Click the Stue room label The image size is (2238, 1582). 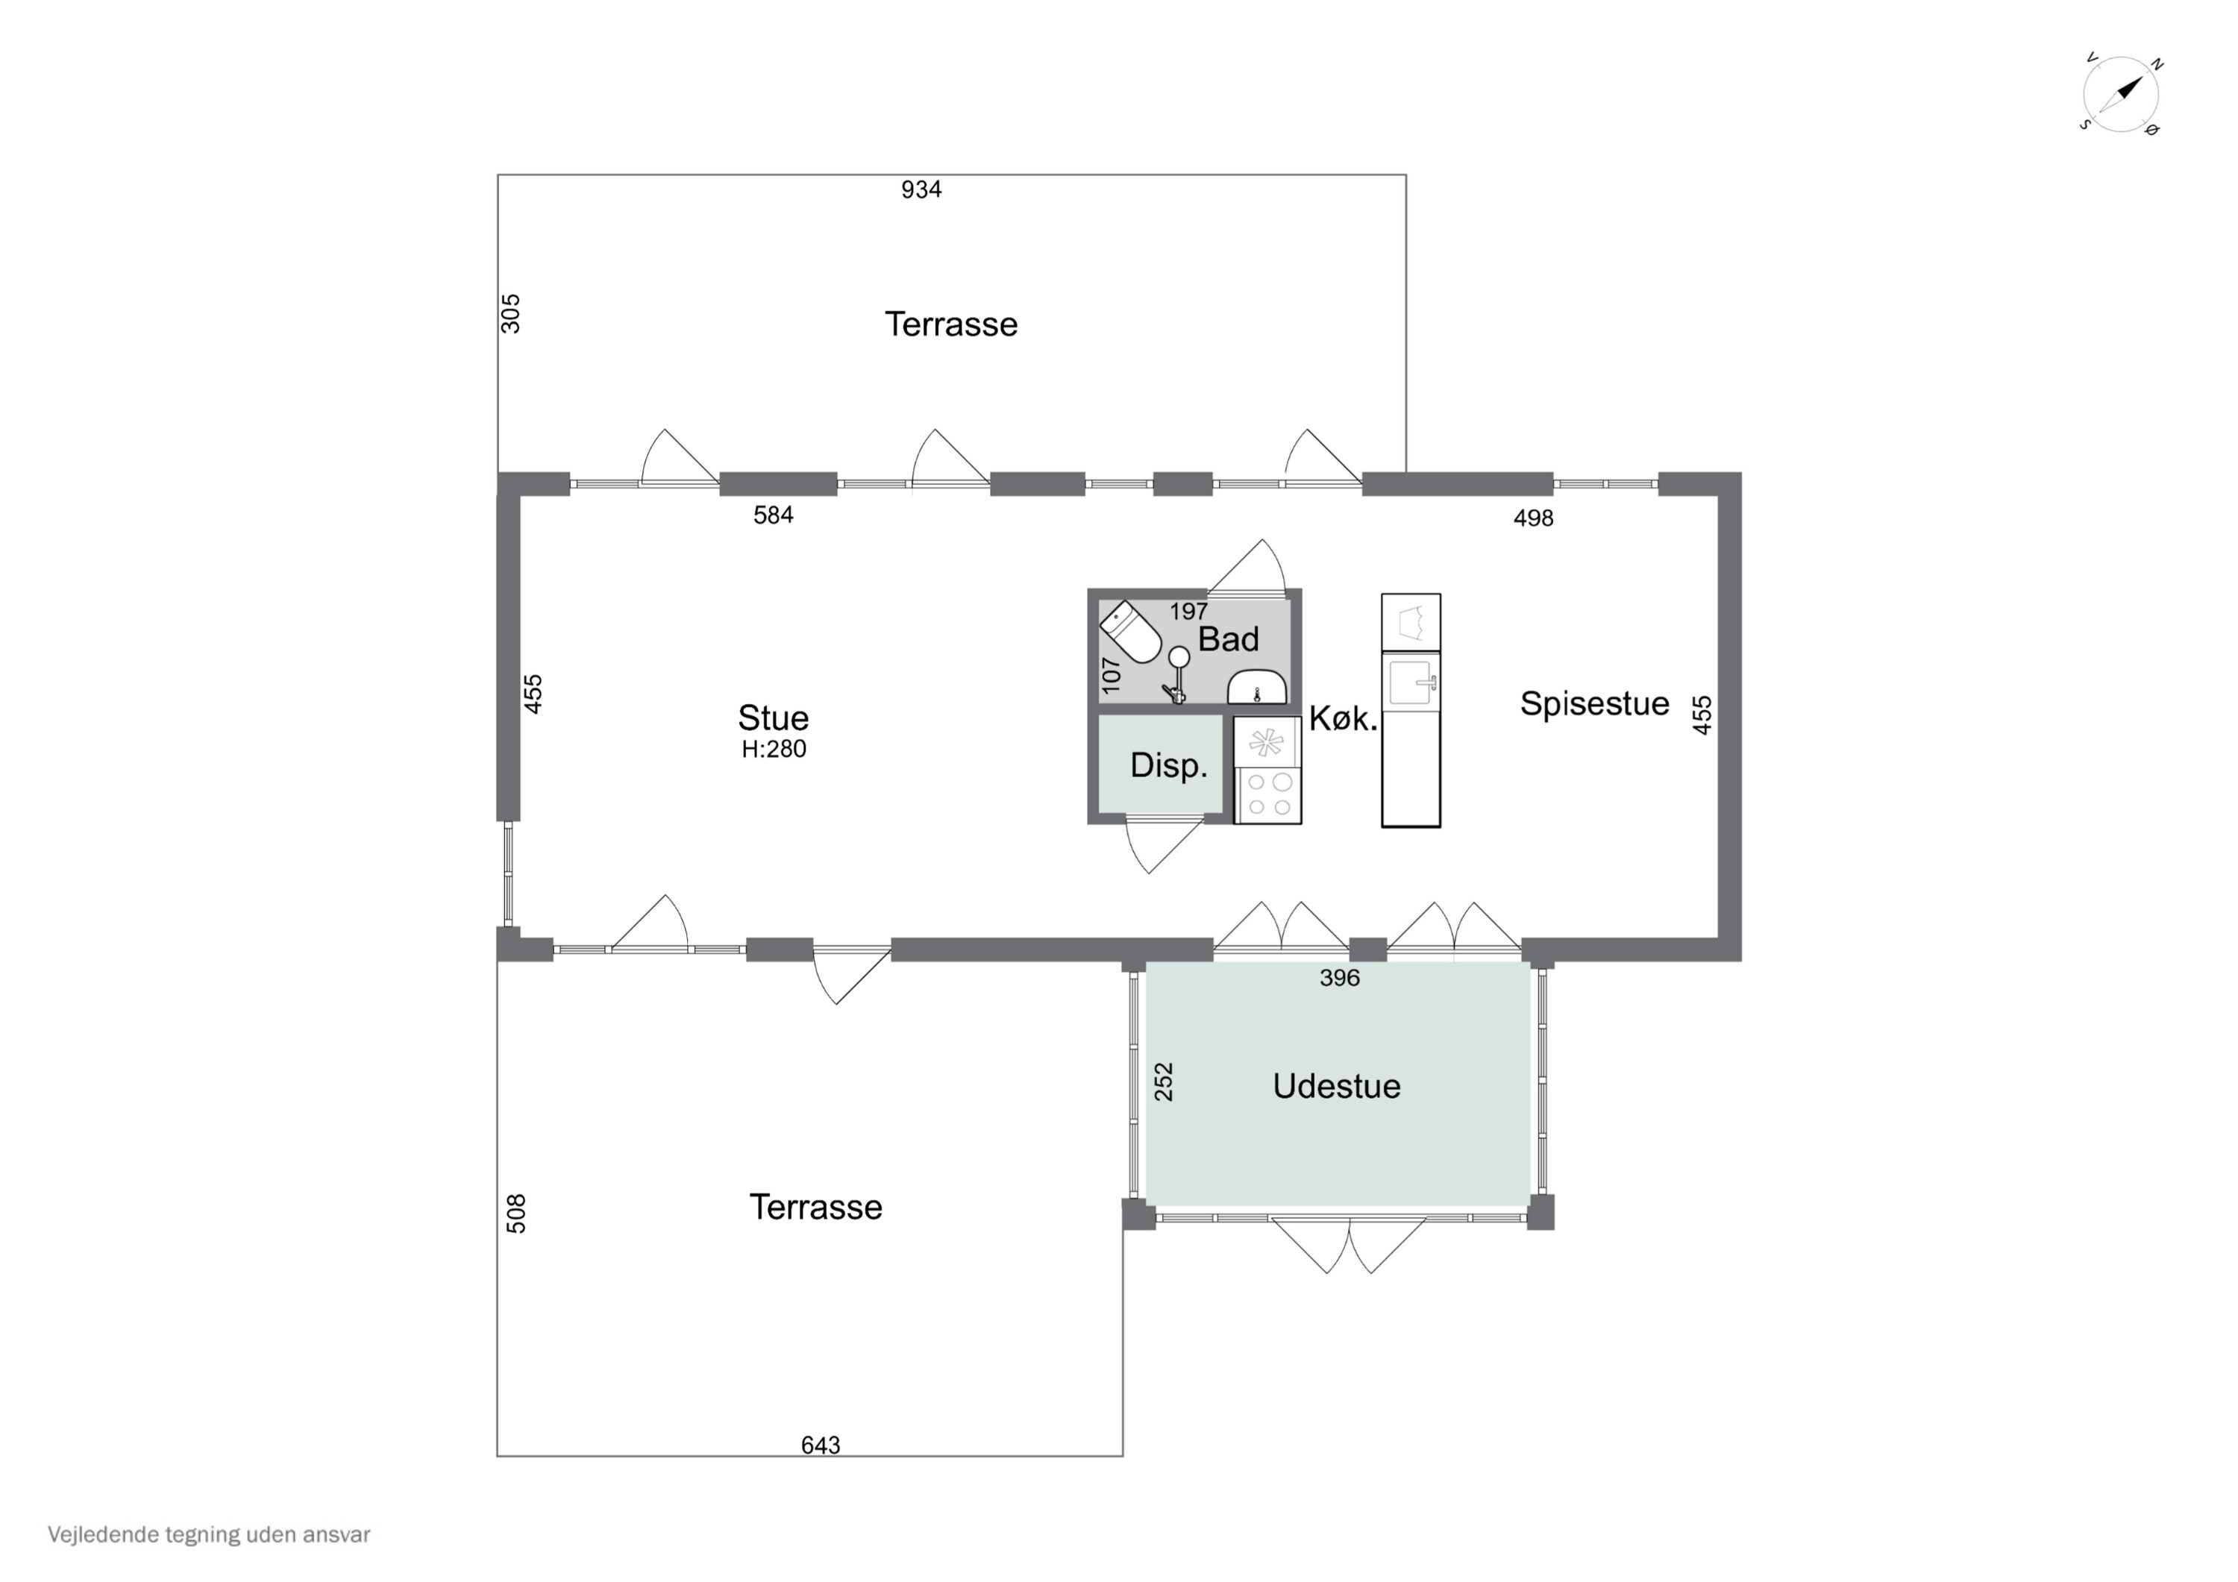coord(773,718)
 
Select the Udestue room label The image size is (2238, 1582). coord(1336,1086)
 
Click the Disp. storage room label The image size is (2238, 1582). coord(1169,765)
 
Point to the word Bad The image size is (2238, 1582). coord(1228,638)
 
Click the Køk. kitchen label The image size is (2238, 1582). coord(1344,719)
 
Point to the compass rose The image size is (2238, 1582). coord(2121,95)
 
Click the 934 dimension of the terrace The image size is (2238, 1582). coord(921,189)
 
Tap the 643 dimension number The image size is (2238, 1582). coord(821,1445)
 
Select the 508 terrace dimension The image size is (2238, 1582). coord(517,1214)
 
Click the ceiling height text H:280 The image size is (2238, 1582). coord(774,749)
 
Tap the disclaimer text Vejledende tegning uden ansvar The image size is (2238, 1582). coord(210,1534)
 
